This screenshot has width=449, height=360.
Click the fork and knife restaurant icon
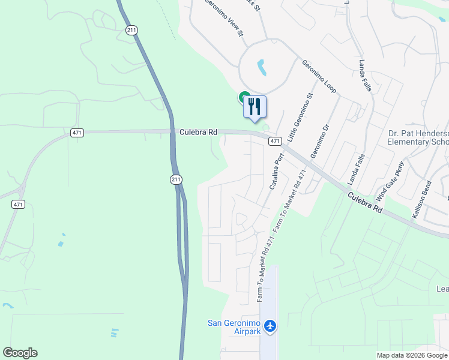255,107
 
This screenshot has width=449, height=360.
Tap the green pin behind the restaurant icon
244,96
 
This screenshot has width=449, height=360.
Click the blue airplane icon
270,326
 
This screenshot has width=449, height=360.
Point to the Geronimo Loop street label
319,76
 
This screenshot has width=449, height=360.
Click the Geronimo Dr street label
320,142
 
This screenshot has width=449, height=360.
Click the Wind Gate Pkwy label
391,182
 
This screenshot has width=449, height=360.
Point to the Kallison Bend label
420,200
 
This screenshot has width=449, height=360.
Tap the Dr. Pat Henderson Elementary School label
418,138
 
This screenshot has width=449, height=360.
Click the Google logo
20,353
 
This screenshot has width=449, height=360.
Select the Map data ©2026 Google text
412,355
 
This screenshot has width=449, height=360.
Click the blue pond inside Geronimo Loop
262,67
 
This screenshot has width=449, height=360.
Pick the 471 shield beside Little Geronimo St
274,141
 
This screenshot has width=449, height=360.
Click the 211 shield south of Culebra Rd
174,179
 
